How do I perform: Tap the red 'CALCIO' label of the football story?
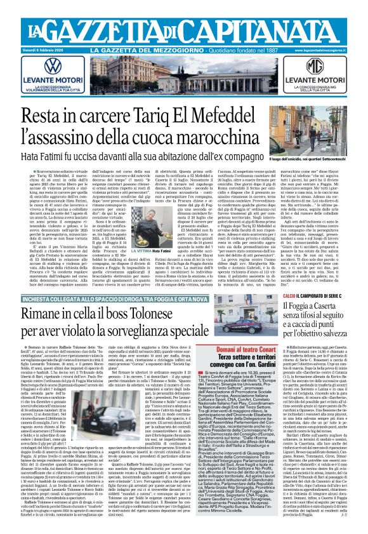pyautogui.click(x=272, y=278)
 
